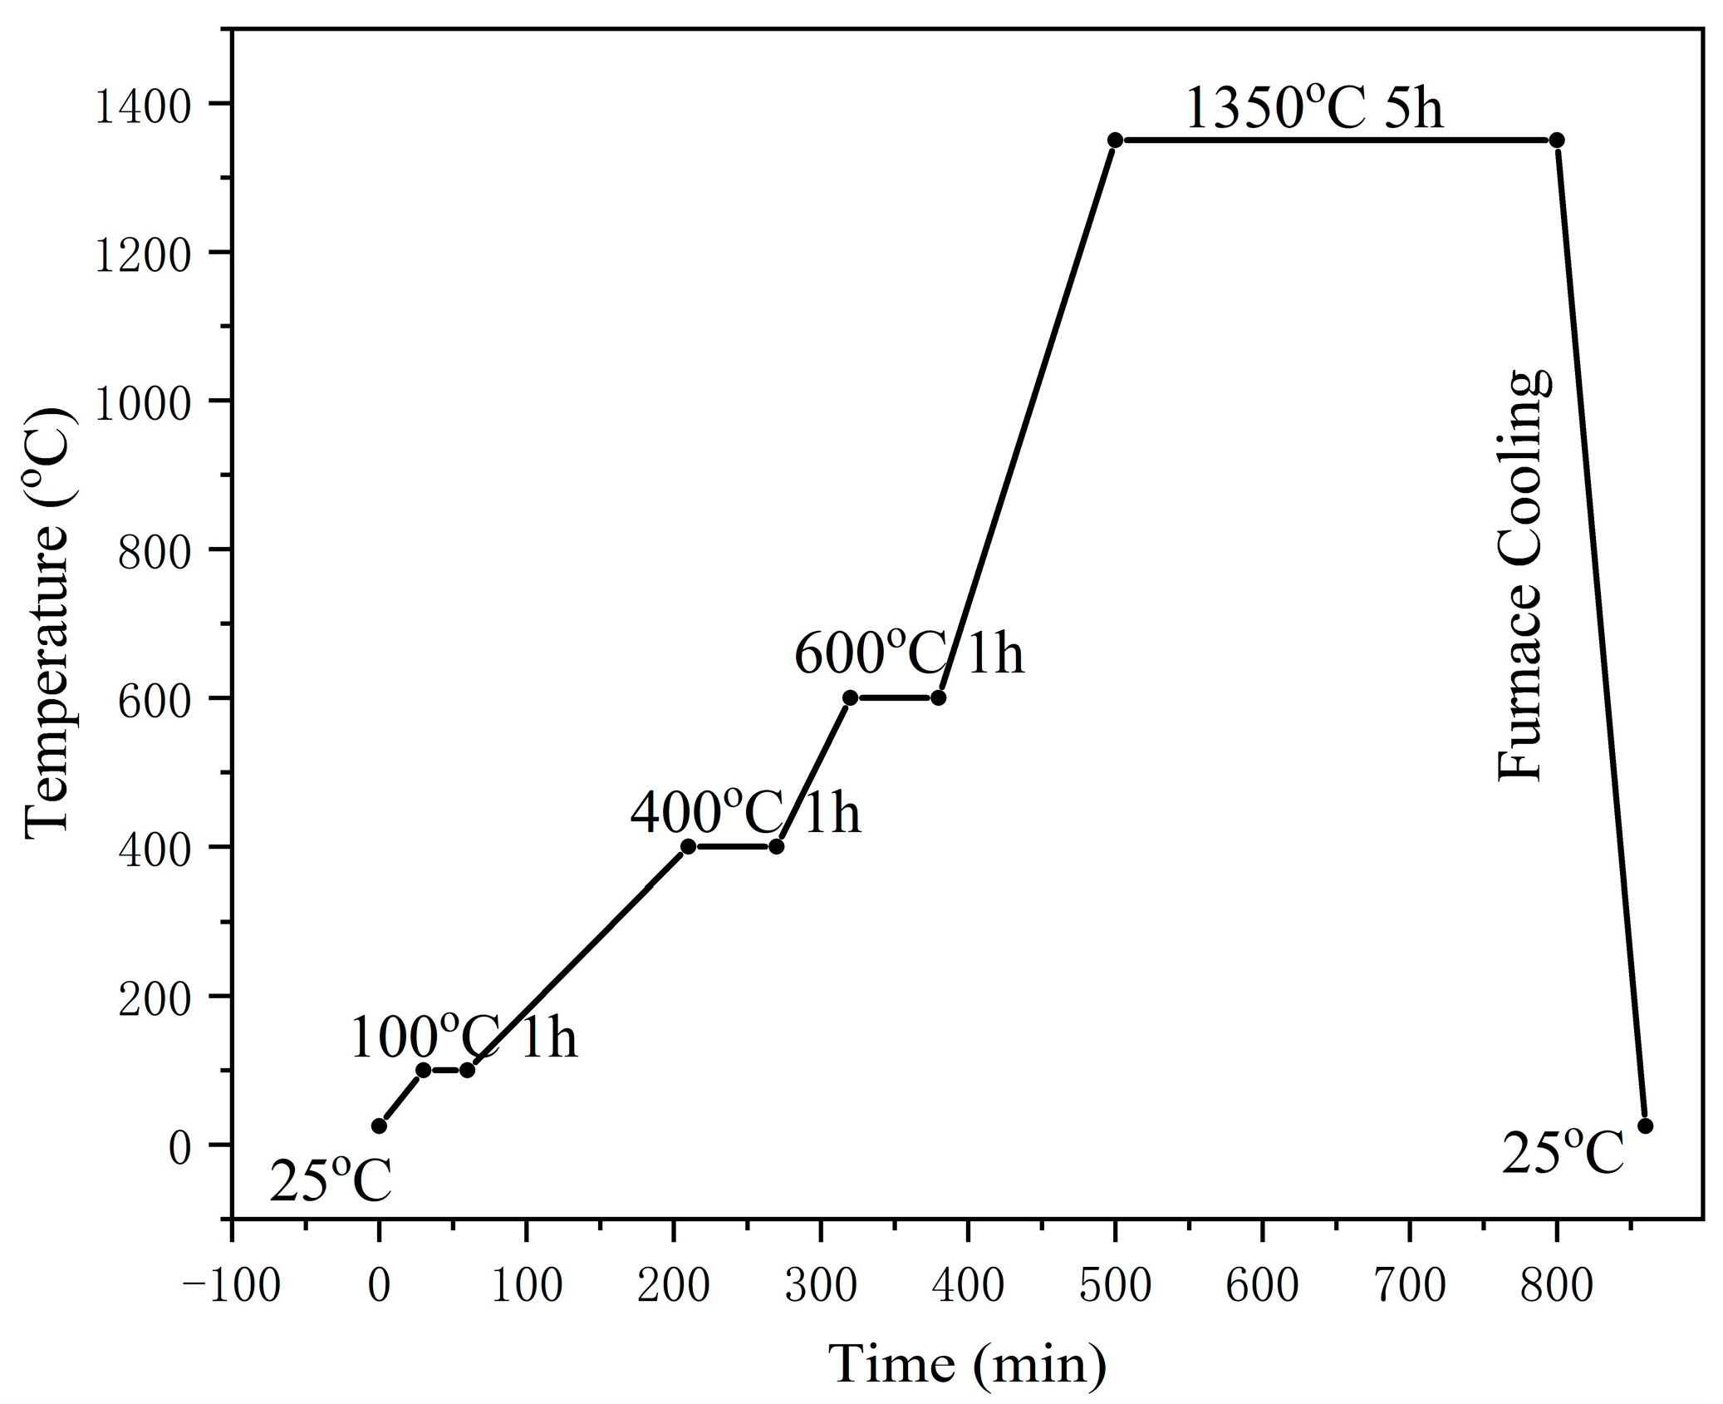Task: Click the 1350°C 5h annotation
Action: pos(1313,109)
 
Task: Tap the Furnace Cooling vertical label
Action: pos(1522,576)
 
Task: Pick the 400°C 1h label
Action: pos(745,812)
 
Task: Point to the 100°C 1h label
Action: pos(463,1038)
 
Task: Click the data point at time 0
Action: pos(379,1126)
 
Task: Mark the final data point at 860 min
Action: pos(1645,1126)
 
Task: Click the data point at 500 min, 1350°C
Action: pos(1115,140)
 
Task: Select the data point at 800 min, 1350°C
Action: pos(1557,140)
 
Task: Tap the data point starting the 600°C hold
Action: pos(850,697)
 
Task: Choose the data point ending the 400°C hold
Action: pos(776,846)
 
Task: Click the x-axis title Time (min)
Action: pos(967,1364)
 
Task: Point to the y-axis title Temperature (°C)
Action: pos(48,623)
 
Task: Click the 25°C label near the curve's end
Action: pos(1562,1154)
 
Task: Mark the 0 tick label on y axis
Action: pos(180,1149)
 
